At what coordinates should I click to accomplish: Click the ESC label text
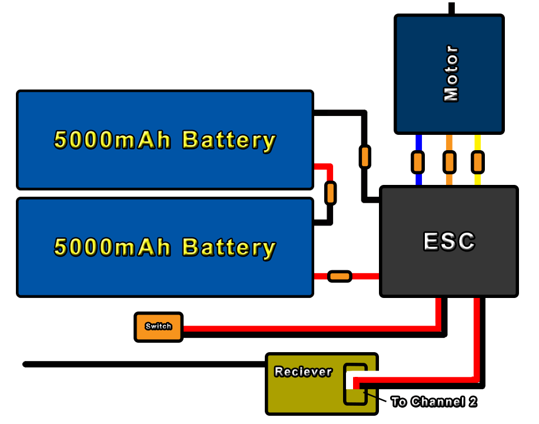[x=449, y=241]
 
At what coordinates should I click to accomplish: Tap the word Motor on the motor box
[x=451, y=74]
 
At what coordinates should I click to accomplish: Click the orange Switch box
[x=158, y=327]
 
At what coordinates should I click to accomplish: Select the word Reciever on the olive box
[x=303, y=372]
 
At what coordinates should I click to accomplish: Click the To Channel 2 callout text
[x=434, y=402]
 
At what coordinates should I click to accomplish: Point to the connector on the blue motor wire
[x=418, y=161]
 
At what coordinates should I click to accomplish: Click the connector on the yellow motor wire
[x=478, y=161]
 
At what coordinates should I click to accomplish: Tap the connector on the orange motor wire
[x=449, y=161]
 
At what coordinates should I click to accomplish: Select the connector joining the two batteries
[x=331, y=193]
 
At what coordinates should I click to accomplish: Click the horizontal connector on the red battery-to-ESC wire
[x=340, y=276]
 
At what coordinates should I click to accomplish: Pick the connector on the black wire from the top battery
[x=365, y=157]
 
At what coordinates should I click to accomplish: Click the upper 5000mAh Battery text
[x=165, y=140]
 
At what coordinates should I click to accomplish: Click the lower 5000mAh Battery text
[x=165, y=247]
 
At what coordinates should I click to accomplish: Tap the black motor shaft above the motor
[x=451, y=8]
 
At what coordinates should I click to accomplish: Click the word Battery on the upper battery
[x=229, y=140]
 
